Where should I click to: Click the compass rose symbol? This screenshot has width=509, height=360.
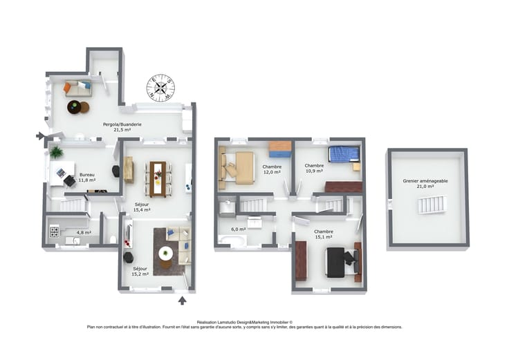[160, 88]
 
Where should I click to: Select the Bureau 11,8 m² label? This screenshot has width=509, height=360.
[87, 177]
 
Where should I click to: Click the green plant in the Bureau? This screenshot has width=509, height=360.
[56, 152]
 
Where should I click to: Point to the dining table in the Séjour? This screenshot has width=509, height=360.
[158, 179]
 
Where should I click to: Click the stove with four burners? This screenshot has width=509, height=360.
[54, 231]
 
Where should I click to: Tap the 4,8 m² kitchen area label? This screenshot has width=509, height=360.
[84, 233]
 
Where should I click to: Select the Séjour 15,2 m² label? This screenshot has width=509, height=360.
[140, 271]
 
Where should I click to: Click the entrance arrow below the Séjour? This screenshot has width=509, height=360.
[183, 301]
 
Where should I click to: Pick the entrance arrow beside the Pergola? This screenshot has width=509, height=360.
[40, 136]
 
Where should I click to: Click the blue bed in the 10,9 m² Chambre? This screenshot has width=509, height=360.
[344, 154]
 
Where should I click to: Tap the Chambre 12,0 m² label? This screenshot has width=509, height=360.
[272, 169]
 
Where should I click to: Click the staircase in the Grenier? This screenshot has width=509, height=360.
[432, 205]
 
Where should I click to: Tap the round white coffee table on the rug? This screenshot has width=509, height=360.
[165, 253]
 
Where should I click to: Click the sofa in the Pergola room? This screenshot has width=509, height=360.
[78, 88]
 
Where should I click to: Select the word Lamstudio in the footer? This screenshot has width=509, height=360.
[227, 323]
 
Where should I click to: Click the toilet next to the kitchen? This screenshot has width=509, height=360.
[113, 239]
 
